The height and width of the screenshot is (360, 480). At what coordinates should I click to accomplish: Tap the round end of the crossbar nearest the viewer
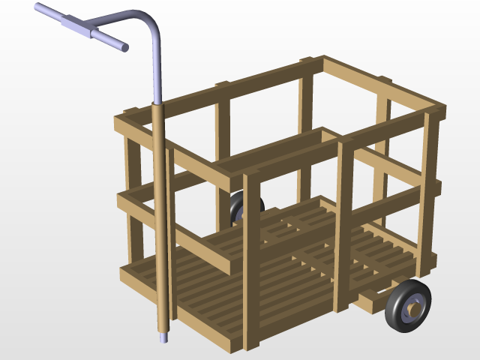point(124,47)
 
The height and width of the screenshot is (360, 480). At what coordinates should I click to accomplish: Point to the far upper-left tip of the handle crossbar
point(37,7)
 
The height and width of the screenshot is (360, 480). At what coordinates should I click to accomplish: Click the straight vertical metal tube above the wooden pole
point(157,67)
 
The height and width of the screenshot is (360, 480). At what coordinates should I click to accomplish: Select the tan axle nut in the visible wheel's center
point(413,307)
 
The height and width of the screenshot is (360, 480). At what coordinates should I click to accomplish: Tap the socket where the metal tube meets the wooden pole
point(157,105)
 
